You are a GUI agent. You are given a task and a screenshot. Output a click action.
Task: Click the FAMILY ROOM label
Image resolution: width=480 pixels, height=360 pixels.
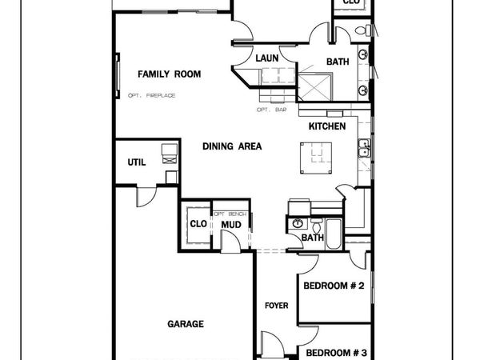click(x=169, y=74)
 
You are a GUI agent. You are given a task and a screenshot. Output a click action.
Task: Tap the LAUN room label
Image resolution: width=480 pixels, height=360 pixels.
click(x=266, y=58)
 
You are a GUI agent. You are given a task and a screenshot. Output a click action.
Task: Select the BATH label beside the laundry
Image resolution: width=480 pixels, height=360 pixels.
click(x=336, y=62)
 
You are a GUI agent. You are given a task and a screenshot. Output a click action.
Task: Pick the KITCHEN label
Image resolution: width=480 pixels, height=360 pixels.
click(x=327, y=126)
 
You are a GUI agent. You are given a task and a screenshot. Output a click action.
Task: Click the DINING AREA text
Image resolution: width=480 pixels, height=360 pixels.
click(x=232, y=146)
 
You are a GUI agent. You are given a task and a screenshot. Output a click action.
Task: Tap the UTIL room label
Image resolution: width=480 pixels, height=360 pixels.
click(x=136, y=162)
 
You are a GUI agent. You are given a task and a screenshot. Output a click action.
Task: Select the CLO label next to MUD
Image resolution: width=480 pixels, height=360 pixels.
click(x=198, y=223)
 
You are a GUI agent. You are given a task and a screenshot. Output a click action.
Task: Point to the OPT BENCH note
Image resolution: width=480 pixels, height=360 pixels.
click(x=230, y=214)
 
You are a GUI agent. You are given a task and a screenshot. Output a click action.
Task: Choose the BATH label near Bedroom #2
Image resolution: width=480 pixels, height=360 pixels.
click(x=313, y=238)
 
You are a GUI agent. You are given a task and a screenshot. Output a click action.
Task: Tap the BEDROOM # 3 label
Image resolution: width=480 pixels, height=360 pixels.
click(x=336, y=353)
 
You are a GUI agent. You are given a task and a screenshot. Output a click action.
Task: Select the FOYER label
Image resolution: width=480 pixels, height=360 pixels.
click(x=277, y=306)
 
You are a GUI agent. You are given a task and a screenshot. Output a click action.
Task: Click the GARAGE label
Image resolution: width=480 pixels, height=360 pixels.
click(x=186, y=324)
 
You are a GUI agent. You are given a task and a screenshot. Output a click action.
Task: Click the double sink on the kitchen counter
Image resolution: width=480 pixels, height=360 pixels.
click(x=364, y=149)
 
